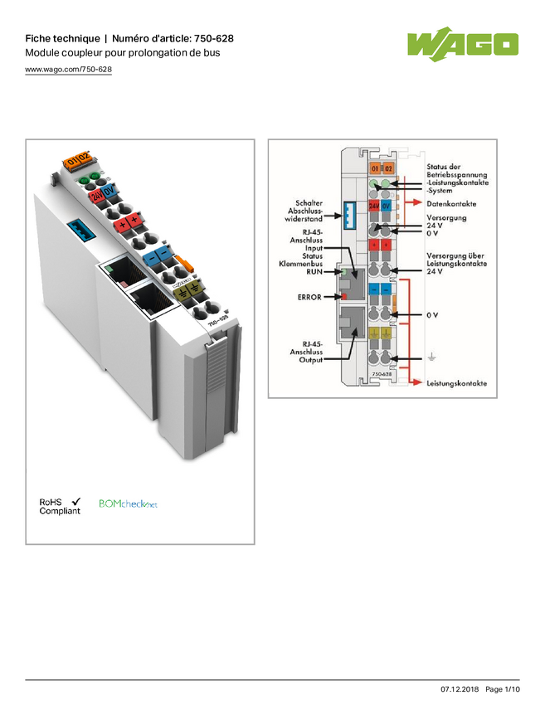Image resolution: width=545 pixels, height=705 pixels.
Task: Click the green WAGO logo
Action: [462, 44]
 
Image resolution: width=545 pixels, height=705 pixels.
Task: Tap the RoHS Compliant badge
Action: [60, 506]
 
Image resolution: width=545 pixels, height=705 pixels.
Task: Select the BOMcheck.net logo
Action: [129, 504]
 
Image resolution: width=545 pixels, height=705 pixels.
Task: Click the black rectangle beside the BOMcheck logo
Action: [207, 506]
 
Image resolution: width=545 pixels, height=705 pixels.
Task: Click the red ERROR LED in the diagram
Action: [343, 294]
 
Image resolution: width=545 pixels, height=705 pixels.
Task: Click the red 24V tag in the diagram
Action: [373, 205]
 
